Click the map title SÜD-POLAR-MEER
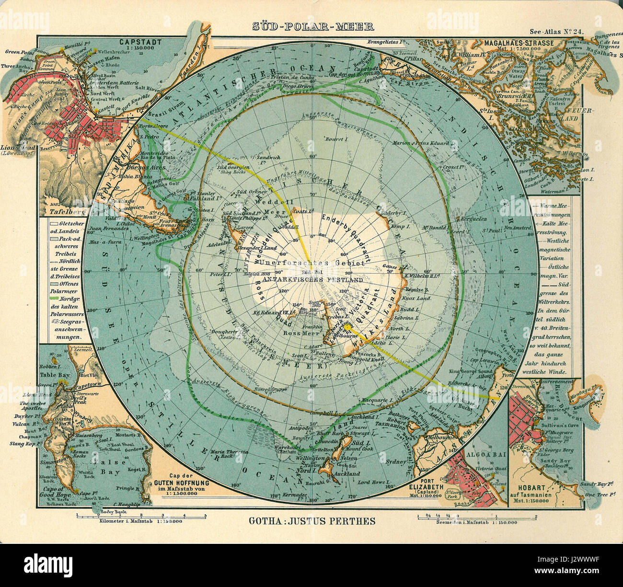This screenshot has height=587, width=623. coord(313,27)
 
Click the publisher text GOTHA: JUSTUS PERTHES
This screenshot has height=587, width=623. coord(312,521)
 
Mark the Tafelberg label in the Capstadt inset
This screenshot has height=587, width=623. coord(59,210)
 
